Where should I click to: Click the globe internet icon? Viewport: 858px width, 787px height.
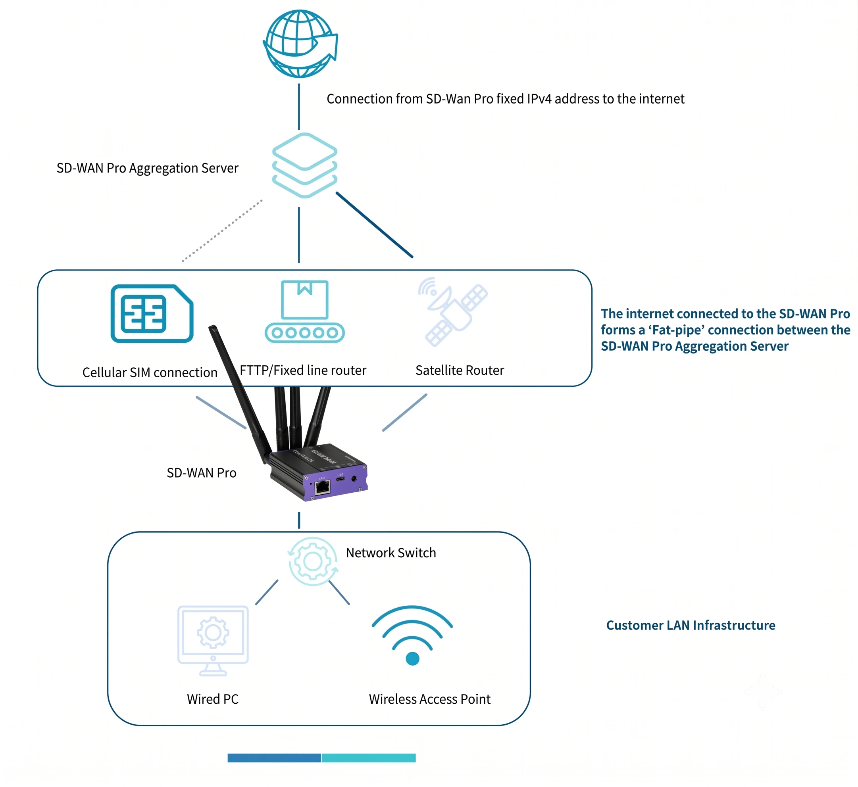pos(300,44)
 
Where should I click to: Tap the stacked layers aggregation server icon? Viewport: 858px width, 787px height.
pos(305,165)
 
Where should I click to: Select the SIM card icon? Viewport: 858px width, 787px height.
pos(152,313)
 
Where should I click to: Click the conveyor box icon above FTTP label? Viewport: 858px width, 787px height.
pos(305,311)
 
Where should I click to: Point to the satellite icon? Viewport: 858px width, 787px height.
pos(453,312)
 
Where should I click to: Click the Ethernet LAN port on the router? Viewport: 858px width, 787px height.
pos(322,487)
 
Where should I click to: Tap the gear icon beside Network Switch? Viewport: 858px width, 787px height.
pos(313,561)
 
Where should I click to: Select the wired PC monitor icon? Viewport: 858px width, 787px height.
pos(213,641)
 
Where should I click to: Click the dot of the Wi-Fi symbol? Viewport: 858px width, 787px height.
pos(412,659)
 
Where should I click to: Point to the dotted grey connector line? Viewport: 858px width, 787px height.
pos(222,230)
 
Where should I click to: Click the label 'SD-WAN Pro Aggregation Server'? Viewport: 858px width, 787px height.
pos(147,168)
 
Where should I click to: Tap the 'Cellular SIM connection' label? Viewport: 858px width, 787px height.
pos(150,372)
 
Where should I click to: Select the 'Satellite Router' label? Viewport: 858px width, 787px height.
pos(460,370)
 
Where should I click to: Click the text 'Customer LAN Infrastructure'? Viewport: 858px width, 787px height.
pos(691,625)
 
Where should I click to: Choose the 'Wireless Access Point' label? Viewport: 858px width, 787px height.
pos(430,699)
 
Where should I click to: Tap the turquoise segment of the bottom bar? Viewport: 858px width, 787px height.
pos(369,758)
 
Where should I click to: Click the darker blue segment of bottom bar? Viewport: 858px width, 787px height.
pos(274,758)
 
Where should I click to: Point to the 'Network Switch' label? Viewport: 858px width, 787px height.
pos(391,553)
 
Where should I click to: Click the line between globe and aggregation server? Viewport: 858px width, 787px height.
pos(299,106)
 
